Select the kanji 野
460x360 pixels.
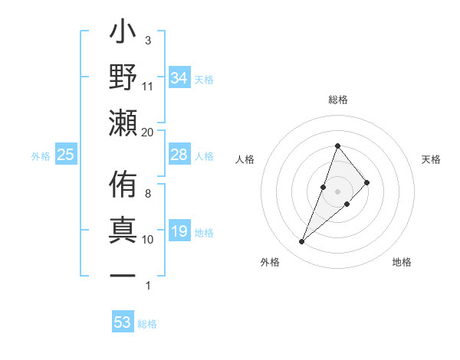123,79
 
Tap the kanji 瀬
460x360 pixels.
123,123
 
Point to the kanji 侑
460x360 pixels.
123,187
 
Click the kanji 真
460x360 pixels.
123,231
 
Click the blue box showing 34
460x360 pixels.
179,78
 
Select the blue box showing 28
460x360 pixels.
179,155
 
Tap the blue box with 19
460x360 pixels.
179,232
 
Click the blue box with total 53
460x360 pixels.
123,322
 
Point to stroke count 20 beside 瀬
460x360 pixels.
148,132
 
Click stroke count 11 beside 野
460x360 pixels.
148,86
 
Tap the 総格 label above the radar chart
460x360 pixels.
337,100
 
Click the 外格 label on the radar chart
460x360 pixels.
270,263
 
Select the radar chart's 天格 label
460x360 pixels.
431,159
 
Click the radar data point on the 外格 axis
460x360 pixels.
301,242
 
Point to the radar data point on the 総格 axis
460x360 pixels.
337,146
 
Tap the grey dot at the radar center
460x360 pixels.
337,191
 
